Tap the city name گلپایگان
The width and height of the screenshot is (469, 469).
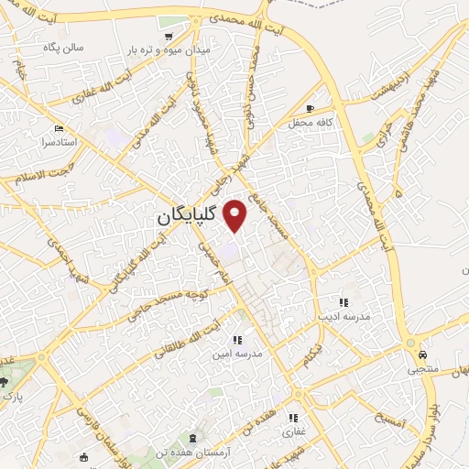click(186, 216)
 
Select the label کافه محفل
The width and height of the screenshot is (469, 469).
click(302, 122)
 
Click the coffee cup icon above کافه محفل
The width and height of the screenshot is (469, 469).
click(321, 108)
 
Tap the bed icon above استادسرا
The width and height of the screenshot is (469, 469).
click(60, 128)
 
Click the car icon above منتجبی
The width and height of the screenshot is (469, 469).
click(422, 354)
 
